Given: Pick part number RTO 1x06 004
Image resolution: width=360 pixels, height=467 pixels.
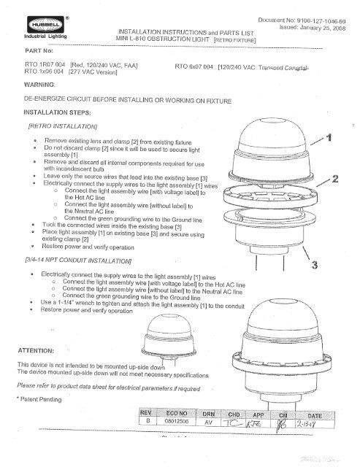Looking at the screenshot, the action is point(45,73).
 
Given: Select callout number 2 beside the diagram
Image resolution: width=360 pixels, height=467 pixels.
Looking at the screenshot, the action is point(336,179).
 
